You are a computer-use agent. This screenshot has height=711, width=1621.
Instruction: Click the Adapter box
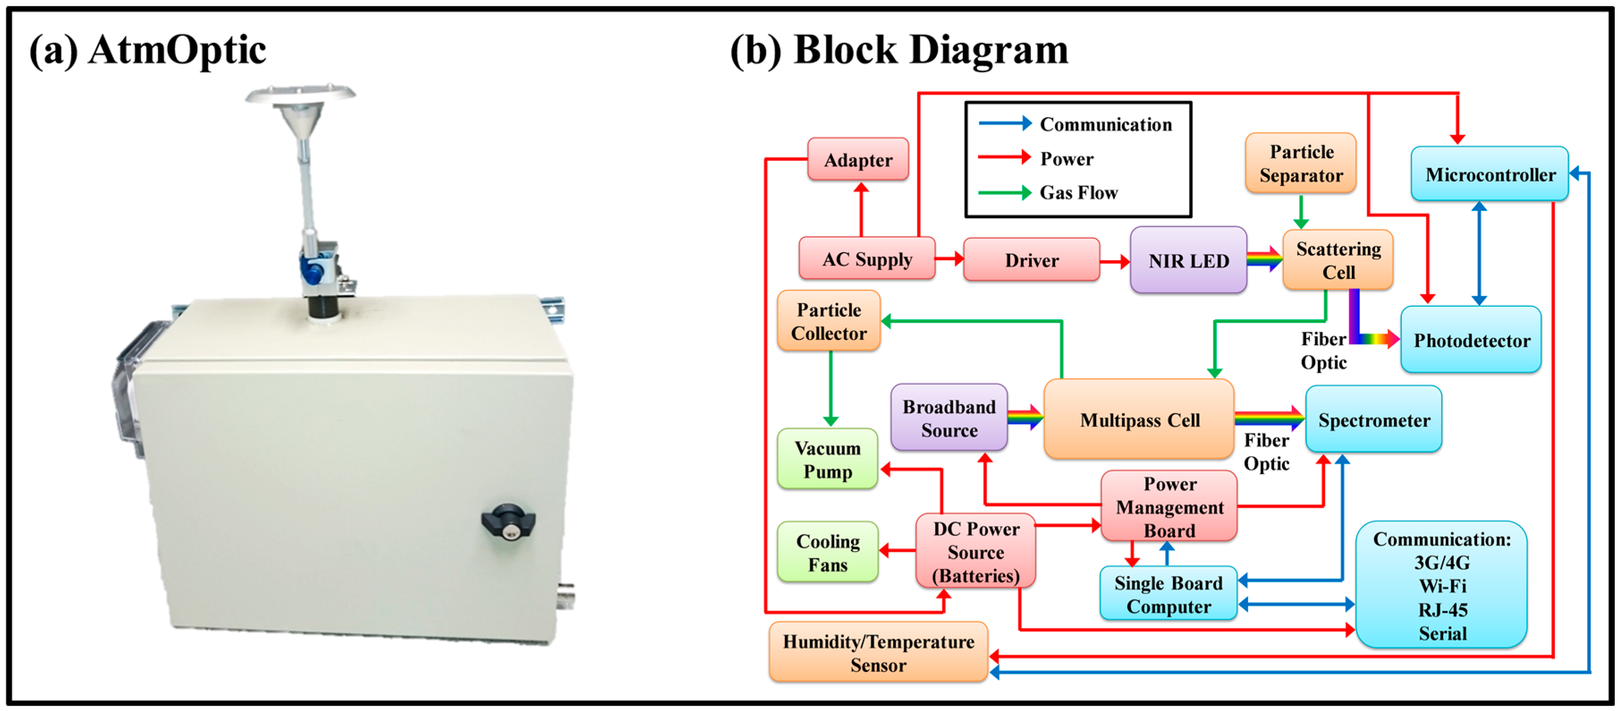click(858, 159)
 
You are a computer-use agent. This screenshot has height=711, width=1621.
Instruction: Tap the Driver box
click(1031, 259)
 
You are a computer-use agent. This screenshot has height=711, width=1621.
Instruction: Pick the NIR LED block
click(1188, 259)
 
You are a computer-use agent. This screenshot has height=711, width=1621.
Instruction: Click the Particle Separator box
click(1301, 163)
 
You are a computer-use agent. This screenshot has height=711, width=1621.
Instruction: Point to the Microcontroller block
click(1490, 174)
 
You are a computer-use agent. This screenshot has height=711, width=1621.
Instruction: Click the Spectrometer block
click(1374, 419)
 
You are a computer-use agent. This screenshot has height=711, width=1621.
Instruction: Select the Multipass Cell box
click(1139, 419)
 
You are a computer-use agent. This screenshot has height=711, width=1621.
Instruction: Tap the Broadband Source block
click(949, 417)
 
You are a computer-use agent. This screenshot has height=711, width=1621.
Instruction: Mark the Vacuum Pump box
click(827, 459)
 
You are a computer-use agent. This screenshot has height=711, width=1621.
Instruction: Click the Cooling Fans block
click(827, 552)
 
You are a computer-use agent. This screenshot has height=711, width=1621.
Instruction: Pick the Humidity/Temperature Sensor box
click(878, 652)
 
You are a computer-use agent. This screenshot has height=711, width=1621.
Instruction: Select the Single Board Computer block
click(1169, 593)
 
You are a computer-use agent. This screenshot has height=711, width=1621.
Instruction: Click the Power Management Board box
click(1169, 506)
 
